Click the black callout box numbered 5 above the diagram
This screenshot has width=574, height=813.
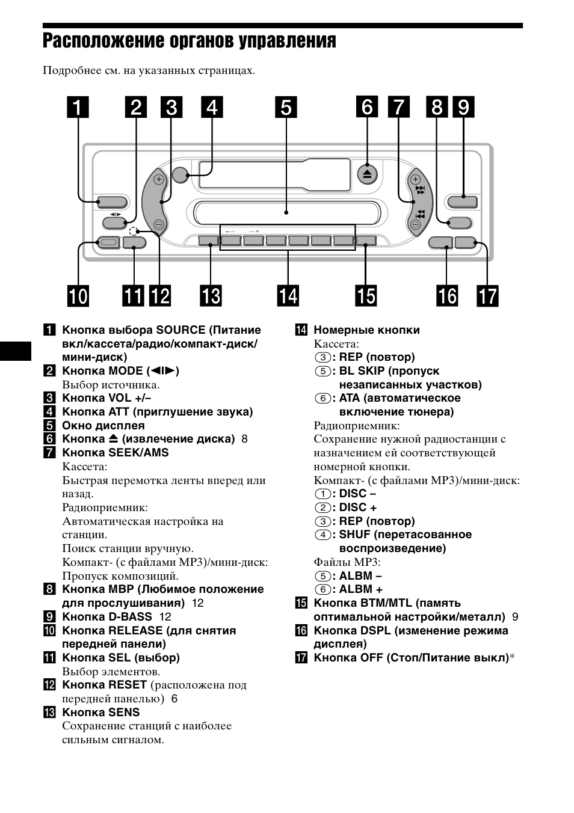click(286, 107)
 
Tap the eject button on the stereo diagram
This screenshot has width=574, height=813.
click(367, 174)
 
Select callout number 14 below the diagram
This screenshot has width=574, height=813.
click(288, 296)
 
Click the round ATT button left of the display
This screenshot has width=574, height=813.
click(179, 174)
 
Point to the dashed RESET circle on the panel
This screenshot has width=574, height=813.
click(134, 231)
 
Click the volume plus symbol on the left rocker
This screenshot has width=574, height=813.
click(158, 179)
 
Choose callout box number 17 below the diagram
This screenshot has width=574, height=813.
click(487, 296)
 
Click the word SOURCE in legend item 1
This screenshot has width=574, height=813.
click(181, 330)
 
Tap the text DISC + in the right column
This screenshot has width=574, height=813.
click(358, 508)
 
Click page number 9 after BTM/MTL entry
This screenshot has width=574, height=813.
click(515, 616)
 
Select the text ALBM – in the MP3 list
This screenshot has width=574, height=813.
click(360, 575)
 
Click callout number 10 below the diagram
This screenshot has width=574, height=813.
click(78, 296)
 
